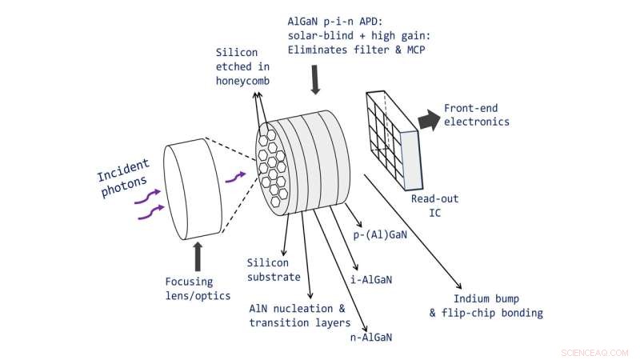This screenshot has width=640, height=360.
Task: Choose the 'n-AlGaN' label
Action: click(x=370, y=338)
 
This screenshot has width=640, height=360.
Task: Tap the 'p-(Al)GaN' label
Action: click(x=381, y=235)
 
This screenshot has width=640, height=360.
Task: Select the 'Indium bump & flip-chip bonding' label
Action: click(x=486, y=306)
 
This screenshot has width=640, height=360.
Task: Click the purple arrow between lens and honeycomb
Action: click(x=234, y=177)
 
